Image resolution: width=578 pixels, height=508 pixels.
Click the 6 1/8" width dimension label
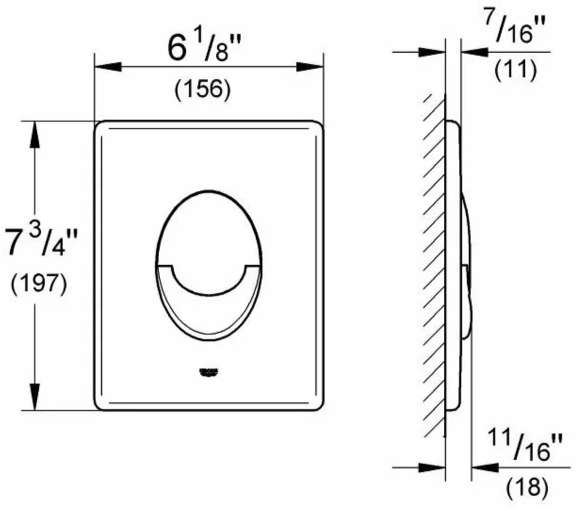[204, 49]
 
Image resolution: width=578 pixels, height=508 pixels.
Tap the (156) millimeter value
[203, 90]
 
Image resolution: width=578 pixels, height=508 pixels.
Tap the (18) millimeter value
[528, 485]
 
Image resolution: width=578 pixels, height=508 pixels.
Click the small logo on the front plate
[208, 372]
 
